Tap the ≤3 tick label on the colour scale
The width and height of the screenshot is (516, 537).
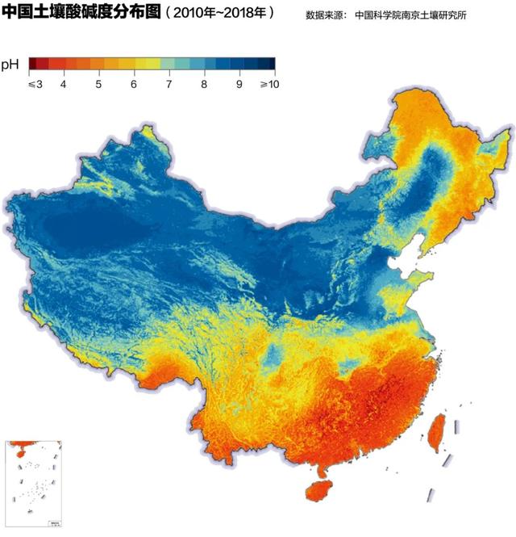pos(35,84)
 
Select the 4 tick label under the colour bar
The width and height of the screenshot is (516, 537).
pos(63,84)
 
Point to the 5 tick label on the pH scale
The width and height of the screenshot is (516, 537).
pos(98,84)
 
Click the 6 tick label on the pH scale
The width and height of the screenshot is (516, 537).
pos(133,84)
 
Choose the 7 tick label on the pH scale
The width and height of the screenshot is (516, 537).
pos(169,84)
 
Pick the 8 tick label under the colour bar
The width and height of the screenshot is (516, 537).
pos(204,84)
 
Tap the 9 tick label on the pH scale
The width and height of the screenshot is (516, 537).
pos(239,84)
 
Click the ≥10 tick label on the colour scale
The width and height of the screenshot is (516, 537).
pos(268,84)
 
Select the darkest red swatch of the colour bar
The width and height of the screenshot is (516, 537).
pos(35,64)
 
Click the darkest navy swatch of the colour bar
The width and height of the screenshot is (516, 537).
pos(269,64)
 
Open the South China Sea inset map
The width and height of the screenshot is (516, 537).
pos(34,484)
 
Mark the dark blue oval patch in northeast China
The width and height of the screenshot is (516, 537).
pos(439,170)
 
